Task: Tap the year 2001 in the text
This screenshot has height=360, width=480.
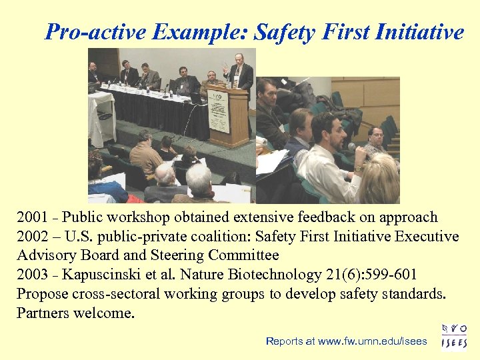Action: (32, 217)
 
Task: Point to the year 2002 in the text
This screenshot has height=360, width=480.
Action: (32, 237)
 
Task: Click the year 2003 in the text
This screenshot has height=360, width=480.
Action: (32, 275)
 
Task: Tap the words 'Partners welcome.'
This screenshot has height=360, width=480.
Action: (75, 313)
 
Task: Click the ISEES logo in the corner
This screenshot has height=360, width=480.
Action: (455, 336)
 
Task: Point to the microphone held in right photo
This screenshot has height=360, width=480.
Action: (354, 149)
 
